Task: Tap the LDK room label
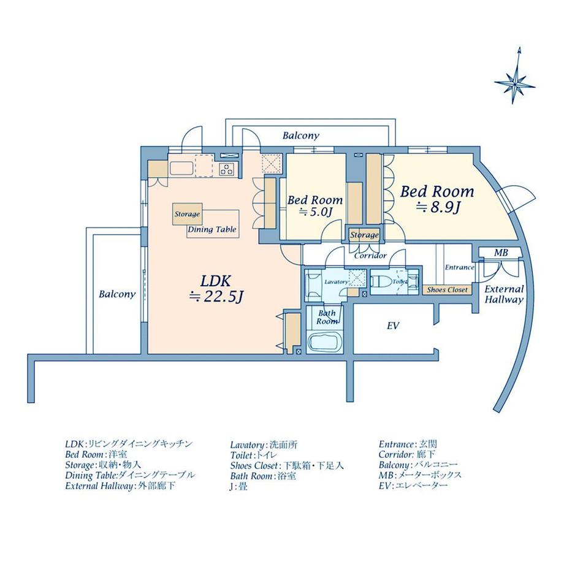[215, 281]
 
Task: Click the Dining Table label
[212, 230]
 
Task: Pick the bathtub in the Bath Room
[325, 345]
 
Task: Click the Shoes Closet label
[447, 290]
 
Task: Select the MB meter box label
[500, 253]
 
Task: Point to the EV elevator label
[393, 326]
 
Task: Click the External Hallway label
[505, 294]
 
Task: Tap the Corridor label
[370, 256]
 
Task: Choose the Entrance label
[459, 267]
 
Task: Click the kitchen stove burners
[226, 169]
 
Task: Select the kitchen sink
[181, 168]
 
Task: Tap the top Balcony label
[300, 136]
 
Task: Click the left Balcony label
[117, 294]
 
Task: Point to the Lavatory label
[336, 281]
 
